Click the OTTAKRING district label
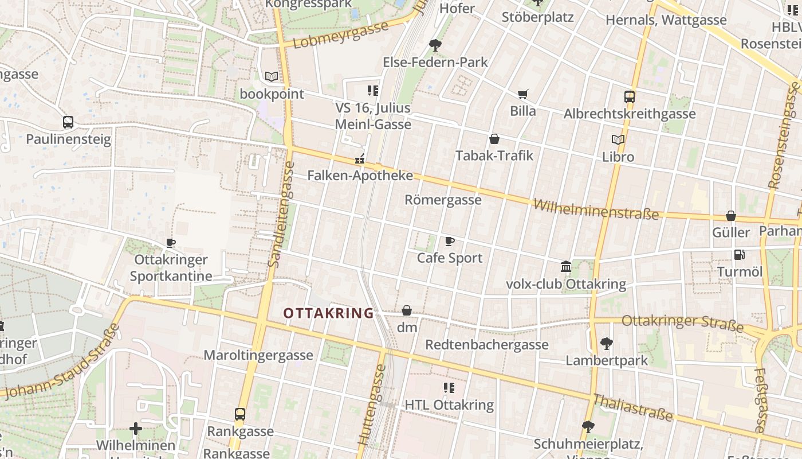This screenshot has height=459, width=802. pos(328,313)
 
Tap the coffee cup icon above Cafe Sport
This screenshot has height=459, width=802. pos(450,241)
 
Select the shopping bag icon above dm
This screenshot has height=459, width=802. pos(407,310)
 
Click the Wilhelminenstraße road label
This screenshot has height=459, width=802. pos(596,210)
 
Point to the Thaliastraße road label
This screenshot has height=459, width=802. pos(632,407)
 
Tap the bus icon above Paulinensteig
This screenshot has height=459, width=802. pos(68,122)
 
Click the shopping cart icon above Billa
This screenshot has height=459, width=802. pos(522,94)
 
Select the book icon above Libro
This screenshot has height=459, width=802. pos(618,139)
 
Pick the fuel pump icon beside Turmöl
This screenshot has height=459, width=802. pos(739,255)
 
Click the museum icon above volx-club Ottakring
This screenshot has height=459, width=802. pos(566,267)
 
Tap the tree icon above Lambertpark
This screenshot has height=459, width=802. pos(606,344)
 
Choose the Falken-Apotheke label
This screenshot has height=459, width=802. pos(360,176)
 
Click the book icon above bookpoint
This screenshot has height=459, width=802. pos(272,76)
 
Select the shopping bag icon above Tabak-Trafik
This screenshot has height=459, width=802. pos(494,139)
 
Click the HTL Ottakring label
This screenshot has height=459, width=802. pos(449,404)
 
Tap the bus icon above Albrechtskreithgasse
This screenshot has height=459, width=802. pos(630,96)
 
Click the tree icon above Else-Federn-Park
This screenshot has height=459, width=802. pos(435,45)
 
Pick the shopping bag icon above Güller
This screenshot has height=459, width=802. pos(731,216)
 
